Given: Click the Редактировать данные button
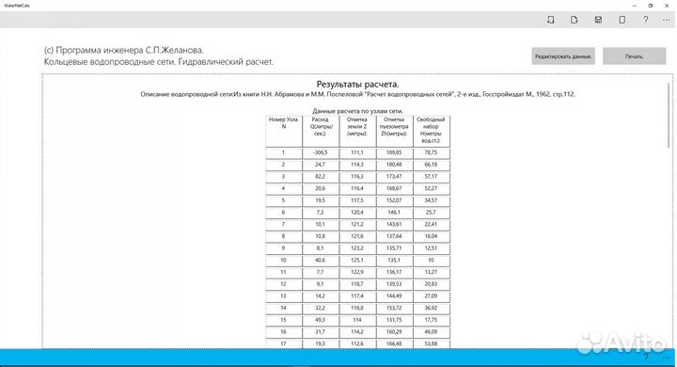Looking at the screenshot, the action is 563,56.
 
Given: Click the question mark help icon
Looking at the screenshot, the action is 645,20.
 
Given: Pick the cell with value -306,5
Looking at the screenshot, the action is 320,152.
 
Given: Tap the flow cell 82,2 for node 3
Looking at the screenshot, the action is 320,176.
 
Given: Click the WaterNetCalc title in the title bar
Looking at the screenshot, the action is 19,6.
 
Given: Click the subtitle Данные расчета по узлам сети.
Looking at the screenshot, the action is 357,110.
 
